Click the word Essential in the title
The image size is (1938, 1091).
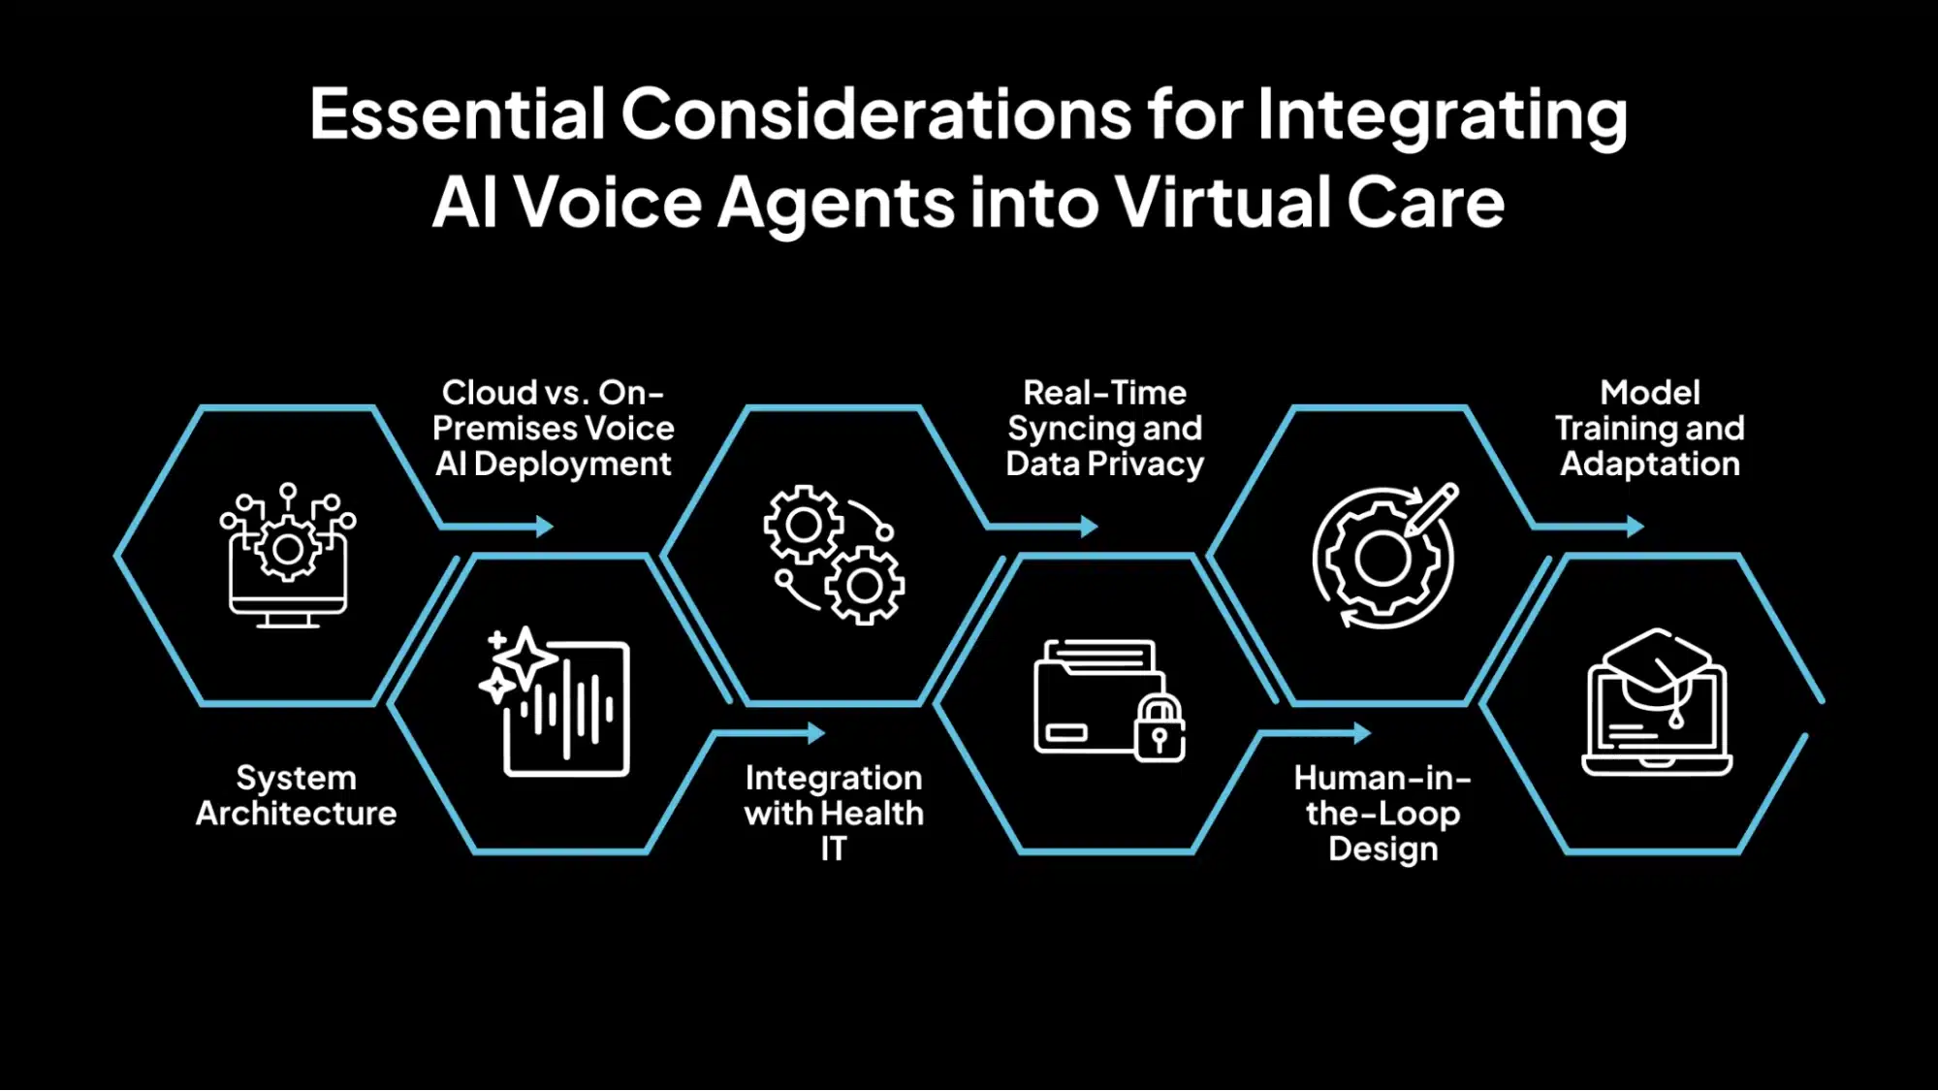[x=458, y=113]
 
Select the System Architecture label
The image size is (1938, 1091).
[x=296, y=795]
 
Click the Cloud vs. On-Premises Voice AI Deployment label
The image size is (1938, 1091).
[x=553, y=428]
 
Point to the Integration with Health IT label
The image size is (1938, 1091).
[x=834, y=813]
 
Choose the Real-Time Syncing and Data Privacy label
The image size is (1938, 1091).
[x=1104, y=428]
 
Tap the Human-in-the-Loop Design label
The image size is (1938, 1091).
[x=1382, y=813]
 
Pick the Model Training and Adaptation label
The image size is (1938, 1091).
[x=1650, y=428]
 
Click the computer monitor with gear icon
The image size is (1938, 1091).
[x=287, y=556]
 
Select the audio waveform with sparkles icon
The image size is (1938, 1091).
[x=555, y=700]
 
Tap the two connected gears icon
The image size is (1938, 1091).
[x=834, y=555]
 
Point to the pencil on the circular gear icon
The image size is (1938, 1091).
[x=1431, y=508]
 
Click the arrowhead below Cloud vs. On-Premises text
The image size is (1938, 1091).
[x=545, y=527]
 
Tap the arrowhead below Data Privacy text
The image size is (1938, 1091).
[x=1090, y=527]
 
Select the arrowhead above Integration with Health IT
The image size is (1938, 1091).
[x=816, y=733]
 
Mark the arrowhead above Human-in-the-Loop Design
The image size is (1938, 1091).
[x=1362, y=733]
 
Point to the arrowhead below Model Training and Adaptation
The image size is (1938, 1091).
[x=1636, y=527]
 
